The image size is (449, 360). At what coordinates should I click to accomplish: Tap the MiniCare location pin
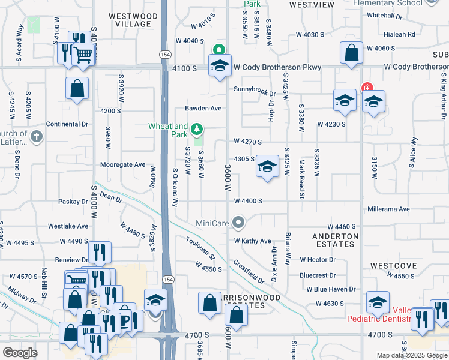(239, 224)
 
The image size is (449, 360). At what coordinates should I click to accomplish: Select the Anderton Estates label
(335, 240)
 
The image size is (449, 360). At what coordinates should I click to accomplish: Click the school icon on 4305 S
(267, 167)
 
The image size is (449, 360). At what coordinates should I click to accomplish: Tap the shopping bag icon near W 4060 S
(351, 53)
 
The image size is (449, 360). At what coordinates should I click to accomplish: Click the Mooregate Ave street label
(123, 164)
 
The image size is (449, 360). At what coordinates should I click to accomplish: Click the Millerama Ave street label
(388, 209)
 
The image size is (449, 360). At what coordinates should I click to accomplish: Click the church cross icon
(37, 136)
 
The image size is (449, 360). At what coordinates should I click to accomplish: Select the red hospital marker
(367, 88)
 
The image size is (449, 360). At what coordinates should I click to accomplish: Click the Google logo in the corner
(20, 352)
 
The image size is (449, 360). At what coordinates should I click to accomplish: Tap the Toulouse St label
(200, 248)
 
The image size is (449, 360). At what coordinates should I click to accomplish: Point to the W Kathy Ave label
(253, 241)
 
